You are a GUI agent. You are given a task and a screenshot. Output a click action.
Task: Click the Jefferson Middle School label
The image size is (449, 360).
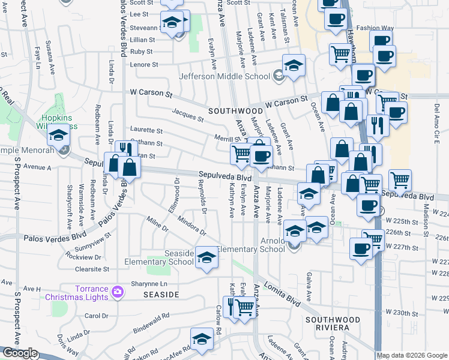pyautogui.click(x=224, y=76)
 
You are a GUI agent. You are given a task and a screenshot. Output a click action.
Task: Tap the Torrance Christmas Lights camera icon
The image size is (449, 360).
pyautogui.click(x=118, y=292)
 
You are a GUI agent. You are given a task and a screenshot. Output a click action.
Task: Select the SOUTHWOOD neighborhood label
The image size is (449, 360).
pyautogui.click(x=235, y=112)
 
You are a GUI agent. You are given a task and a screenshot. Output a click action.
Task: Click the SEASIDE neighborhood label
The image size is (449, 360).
pyautogui.click(x=161, y=295)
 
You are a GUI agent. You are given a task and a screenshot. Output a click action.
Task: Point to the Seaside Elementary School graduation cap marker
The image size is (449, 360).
pyautogui.click(x=206, y=259)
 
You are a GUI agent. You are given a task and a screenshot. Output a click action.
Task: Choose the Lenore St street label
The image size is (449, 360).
pyautogui.click(x=144, y=64)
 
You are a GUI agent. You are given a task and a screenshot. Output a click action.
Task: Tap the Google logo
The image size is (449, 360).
pyautogui.click(x=19, y=353)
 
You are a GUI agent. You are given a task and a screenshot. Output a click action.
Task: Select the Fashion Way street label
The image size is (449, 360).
pyautogui.click(x=375, y=28)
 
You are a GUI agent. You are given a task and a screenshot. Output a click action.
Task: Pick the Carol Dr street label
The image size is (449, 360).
pyautogui.click(x=96, y=316)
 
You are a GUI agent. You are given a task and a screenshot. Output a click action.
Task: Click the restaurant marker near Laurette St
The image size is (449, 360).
pyautogui.click(x=124, y=148)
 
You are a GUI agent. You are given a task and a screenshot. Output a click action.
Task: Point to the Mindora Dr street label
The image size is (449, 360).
pyautogui.click(x=191, y=226)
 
